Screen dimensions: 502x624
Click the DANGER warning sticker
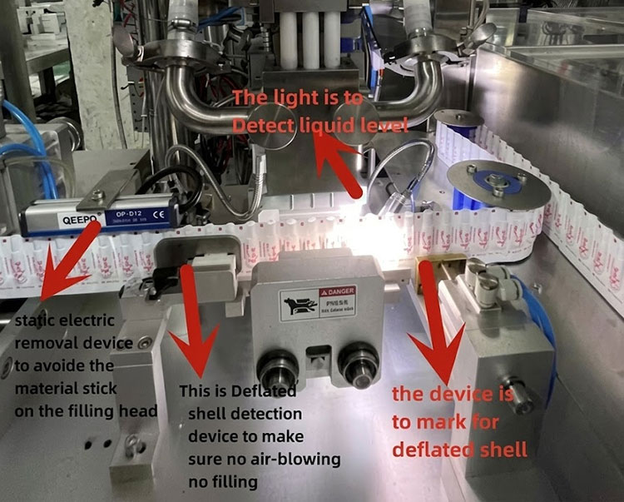click(x=319, y=297)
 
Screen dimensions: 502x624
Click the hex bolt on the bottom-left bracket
click(x=131, y=447)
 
